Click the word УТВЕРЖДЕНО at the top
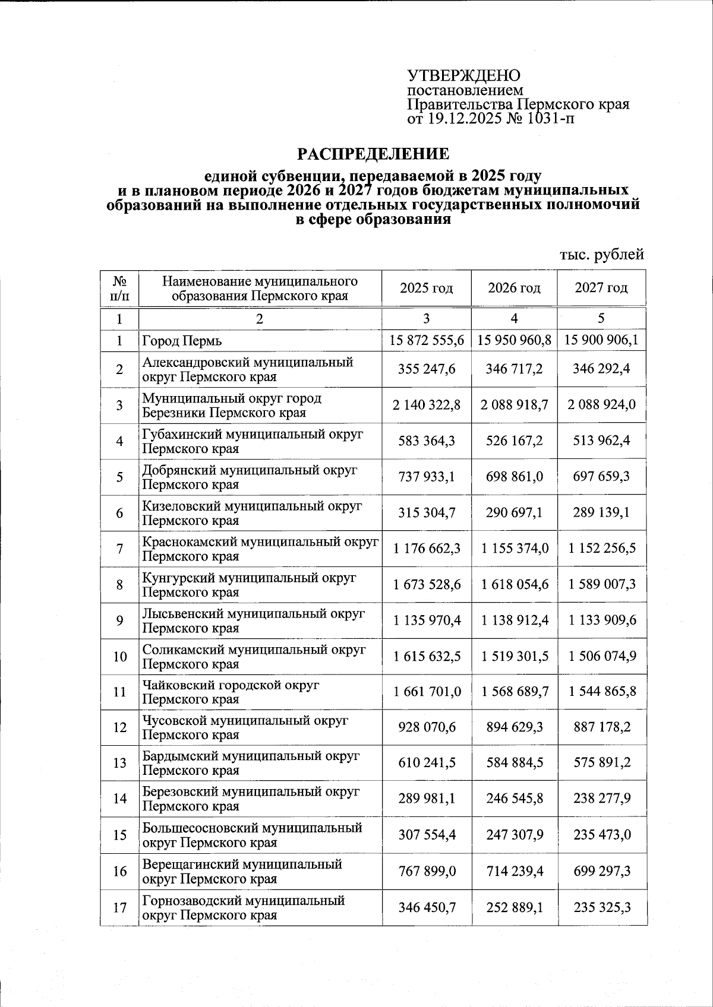click(463, 75)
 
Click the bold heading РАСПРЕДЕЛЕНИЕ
click(373, 154)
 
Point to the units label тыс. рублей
click(601, 255)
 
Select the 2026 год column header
click(514, 289)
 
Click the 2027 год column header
click(601, 289)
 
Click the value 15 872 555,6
click(426, 340)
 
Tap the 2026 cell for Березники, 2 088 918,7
click(514, 405)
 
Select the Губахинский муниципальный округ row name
click(253, 441)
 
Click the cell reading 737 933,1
click(426, 477)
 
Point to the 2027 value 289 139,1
click(601, 512)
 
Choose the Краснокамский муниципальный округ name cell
click(260, 549)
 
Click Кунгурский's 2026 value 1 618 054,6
click(514, 584)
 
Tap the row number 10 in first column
click(119, 657)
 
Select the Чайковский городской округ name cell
click(231, 692)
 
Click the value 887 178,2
click(601, 727)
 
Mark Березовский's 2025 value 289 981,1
click(426, 799)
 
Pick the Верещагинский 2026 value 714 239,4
click(514, 871)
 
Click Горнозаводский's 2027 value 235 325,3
click(601, 907)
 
